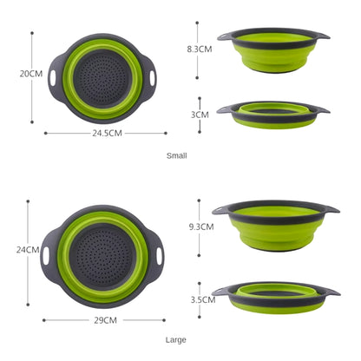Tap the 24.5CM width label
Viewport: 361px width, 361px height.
pos(106,133)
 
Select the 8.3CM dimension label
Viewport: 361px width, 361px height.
pos(200,49)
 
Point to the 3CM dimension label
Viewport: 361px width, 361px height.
pos(200,114)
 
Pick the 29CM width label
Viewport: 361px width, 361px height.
pos(105,320)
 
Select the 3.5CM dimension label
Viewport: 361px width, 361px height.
pos(202,299)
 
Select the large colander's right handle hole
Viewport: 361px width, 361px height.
pos(160,257)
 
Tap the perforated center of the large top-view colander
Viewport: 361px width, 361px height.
pos(105,258)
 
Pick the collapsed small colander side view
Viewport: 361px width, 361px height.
pos(272,114)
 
